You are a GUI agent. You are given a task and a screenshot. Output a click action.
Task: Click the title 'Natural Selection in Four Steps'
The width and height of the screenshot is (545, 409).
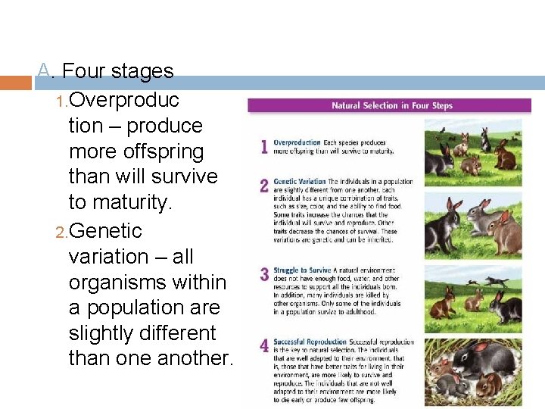[x=391, y=105]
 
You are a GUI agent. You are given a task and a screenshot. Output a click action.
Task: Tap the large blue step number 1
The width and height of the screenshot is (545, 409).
[x=263, y=147]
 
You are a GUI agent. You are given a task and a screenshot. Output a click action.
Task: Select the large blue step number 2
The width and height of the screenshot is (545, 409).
[x=263, y=186]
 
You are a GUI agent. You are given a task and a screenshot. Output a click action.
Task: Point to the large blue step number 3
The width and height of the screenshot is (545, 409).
[x=264, y=274]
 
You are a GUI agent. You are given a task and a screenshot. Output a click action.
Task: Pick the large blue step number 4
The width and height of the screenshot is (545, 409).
[x=264, y=346]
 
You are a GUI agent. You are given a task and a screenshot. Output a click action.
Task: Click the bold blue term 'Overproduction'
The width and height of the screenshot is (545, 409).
[x=297, y=142]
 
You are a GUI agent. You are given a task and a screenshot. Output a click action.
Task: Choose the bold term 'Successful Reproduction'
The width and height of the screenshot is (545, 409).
[x=310, y=342]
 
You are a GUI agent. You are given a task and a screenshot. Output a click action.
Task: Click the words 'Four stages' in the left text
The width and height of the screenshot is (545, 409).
[x=117, y=71]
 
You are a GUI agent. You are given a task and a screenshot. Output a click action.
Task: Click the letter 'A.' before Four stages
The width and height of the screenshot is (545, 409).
[x=46, y=71]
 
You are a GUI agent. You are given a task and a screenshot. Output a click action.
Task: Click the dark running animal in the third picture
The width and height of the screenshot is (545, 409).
[x=496, y=282]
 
